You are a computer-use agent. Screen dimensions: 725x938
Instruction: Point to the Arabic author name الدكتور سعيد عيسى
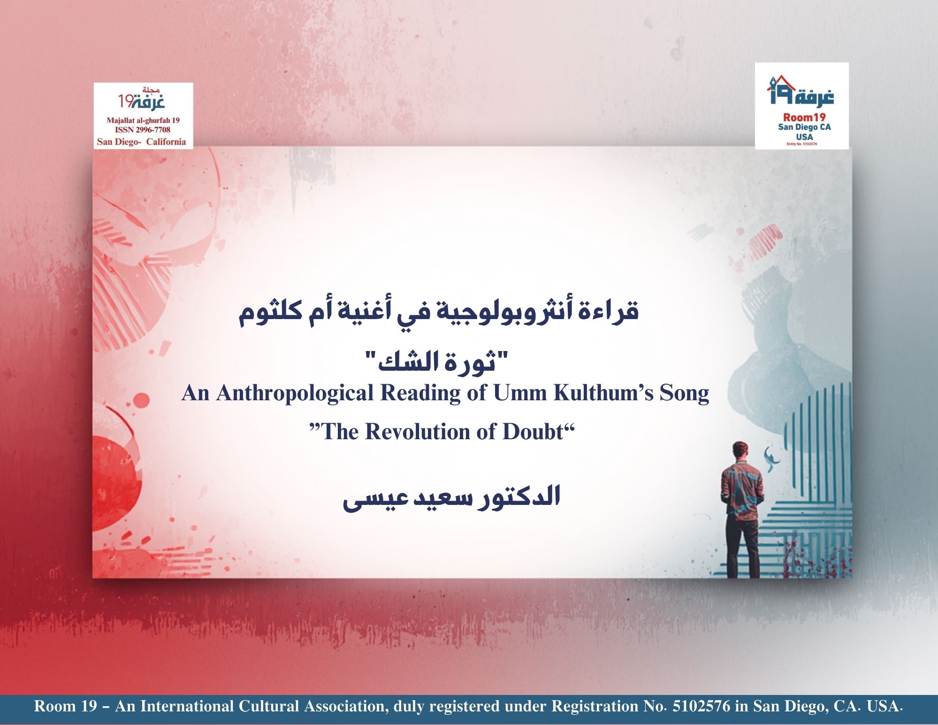point(451,499)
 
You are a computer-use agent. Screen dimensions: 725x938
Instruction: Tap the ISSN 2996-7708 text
point(143,130)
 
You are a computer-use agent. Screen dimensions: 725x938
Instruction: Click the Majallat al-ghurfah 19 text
point(143,121)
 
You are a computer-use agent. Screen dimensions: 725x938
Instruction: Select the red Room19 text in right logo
point(804,117)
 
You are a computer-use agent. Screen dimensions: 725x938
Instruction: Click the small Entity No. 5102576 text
point(801,144)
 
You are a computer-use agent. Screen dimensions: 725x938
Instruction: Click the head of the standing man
point(740,451)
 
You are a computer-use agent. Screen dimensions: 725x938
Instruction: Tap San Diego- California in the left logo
point(141,142)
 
